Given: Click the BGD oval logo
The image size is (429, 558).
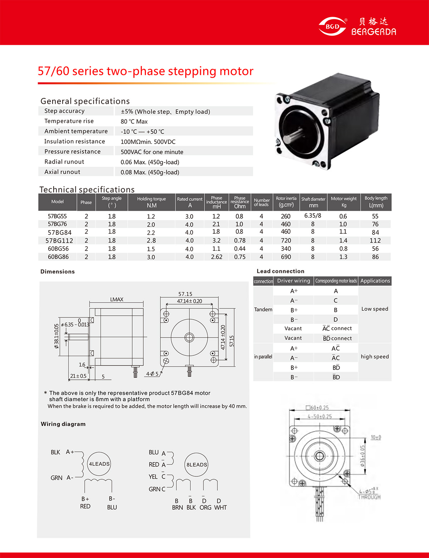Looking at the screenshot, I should click(332, 26).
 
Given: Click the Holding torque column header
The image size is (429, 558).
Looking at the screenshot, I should click(151, 202).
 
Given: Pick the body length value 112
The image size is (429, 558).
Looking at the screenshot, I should click(375, 241).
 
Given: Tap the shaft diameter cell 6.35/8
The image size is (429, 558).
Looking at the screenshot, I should click(312, 216).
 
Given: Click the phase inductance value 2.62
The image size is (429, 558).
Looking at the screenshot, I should click(216, 257).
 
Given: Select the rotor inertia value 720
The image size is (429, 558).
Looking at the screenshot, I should click(286, 241).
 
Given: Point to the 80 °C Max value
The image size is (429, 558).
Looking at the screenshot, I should click(134, 121).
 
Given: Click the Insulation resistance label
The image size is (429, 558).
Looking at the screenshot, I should click(74, 141).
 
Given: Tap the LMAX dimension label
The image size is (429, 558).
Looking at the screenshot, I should click(117, 299).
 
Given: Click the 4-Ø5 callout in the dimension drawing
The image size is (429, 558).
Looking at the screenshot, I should click(152, 374).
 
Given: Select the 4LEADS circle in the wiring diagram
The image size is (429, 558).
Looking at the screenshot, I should click(99, 464).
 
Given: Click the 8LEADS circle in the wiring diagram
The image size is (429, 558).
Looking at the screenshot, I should click(197, 465).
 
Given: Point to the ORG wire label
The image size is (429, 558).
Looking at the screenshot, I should click(205, 508).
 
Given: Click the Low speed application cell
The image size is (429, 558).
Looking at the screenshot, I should click(375, 309).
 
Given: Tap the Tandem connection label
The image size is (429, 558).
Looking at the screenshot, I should click(263, 309).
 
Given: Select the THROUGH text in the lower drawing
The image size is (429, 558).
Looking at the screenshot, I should click(369, 497).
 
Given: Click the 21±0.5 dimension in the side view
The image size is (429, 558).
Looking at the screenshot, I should click(78, 376).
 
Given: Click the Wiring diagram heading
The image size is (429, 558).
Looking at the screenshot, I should click(63, 424).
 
